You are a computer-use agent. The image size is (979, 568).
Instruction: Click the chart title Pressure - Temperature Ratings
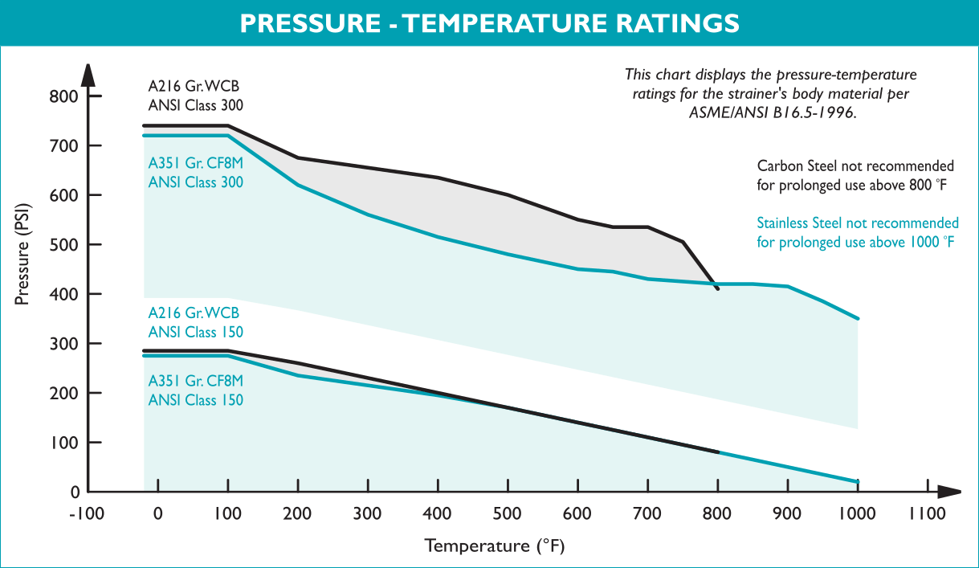(489, 22)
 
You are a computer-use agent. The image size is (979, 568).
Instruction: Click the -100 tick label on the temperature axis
(87, 514)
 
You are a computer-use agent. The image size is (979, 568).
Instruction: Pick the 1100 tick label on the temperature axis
(928, 514)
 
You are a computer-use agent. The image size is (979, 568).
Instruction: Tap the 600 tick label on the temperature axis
(577, 514)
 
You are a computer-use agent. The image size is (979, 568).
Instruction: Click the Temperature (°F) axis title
(496, 547)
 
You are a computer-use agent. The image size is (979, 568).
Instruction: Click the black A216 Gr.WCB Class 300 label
(194, 95)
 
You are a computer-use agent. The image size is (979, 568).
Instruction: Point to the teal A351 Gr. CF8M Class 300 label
(196, 173)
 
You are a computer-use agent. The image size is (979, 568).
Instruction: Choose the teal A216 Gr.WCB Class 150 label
(194, 322)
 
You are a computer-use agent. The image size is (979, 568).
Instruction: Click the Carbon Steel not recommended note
(855, 174)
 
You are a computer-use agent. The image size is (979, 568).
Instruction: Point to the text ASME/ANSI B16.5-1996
(773, 113)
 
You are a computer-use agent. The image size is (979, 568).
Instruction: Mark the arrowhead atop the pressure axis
(88, 74)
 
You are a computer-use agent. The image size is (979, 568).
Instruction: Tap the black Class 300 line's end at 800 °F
(717, 288)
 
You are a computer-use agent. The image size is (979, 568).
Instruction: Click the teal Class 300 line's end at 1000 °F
(859, 320)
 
